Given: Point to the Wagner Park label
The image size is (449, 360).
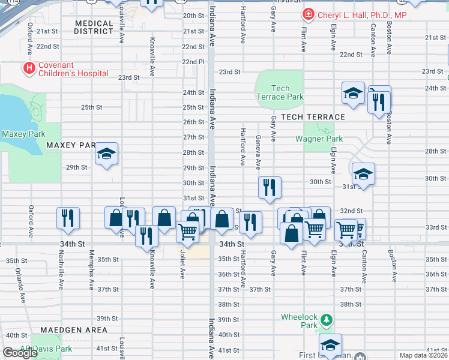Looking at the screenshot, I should [319, 139].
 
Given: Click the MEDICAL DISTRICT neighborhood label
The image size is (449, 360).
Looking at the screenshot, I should [94, 28].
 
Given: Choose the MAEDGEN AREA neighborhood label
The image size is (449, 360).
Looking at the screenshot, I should [74, 330].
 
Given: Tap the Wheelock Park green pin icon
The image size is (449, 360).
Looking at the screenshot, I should [326, 318].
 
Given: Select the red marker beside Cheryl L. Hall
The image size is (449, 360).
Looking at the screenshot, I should [309, 14].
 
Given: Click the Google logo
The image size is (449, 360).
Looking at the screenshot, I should [20, 352].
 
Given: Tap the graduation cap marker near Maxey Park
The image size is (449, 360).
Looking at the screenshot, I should [106, 154].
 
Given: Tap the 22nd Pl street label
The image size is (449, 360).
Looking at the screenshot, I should [194, 62].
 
